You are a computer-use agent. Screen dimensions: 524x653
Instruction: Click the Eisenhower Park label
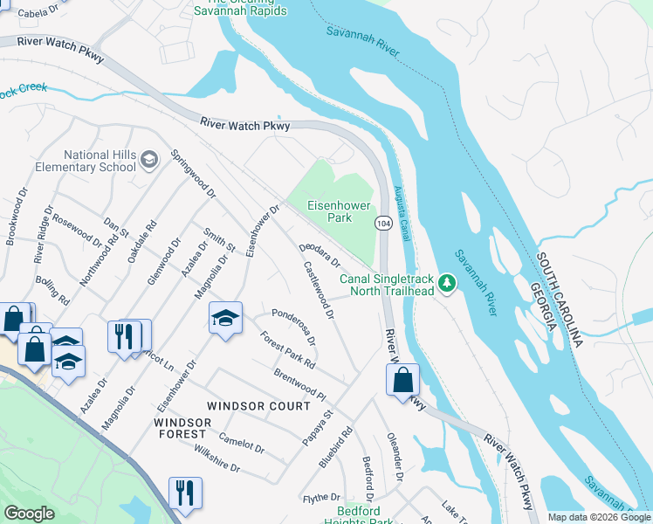coord(339,211)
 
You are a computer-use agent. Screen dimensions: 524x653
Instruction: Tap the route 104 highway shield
coord(383,224)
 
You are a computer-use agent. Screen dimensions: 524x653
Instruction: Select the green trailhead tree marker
coord(447,282)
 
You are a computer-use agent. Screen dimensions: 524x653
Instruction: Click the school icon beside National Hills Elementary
coord(149,159)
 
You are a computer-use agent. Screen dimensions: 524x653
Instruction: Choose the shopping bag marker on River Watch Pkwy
coord(402,380)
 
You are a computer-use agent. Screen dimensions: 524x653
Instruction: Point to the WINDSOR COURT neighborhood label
coord(258,407)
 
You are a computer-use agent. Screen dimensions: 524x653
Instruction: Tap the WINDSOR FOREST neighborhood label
coord(182,429)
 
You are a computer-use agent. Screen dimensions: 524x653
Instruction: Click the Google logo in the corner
coord(30,514)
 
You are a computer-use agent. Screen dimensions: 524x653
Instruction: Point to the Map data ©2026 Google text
coord(599,517)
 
